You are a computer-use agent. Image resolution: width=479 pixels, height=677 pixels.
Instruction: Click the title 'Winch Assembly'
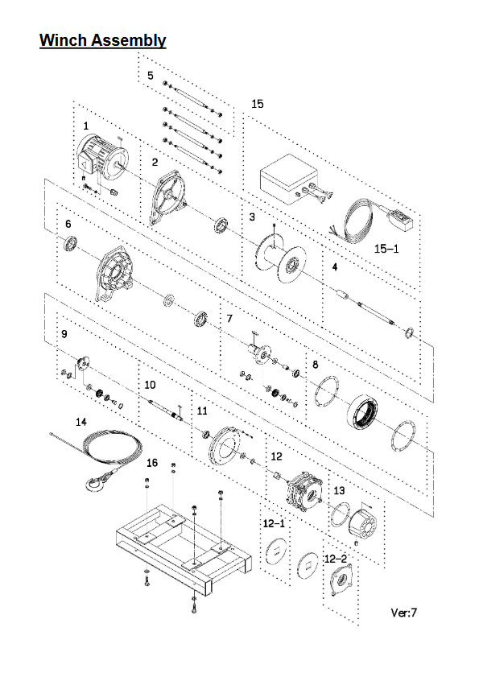point(103,40)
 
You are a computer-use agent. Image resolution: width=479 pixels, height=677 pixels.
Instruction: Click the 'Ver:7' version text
point(404,613)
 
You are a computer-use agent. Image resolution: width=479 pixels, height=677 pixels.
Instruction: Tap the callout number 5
point(151,76)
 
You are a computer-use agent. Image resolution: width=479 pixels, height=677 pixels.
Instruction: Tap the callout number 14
point(81,422)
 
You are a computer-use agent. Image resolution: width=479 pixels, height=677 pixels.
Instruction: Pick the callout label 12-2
point(336,559)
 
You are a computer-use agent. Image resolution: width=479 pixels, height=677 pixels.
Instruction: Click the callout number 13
point(340,491)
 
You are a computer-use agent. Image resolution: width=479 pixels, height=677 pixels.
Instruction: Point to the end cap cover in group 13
point(363,524)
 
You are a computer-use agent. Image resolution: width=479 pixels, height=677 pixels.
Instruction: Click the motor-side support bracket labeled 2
point(168,198)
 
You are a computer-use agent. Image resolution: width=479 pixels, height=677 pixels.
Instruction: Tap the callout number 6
point(68,224)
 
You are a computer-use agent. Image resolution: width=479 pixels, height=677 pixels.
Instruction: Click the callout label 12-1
point(275,524)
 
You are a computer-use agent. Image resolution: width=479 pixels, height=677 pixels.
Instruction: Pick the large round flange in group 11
point(224,447)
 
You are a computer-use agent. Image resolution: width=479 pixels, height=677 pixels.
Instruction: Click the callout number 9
point(64,334)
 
